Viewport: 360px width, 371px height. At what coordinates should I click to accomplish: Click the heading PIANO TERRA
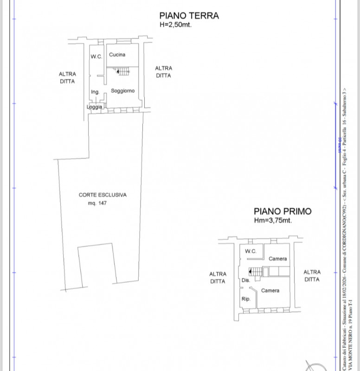[x=188, y=16]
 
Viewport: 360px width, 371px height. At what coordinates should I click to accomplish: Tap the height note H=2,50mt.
[x=175, y=25]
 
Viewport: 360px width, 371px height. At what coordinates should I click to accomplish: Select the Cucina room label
[x=117, y=55]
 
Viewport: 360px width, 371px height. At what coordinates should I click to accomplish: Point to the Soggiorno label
[x=122, y=91]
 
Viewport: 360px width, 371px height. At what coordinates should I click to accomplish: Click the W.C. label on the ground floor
[x=96, y=57]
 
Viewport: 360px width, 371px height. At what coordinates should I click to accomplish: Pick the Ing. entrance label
[x=95, y=92]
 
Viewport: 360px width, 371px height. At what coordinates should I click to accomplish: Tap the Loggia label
[x=94, y=107]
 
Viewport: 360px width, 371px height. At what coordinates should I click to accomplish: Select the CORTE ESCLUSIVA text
[x=103, y=195]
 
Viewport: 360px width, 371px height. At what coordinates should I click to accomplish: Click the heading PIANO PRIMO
[x=282, y=211]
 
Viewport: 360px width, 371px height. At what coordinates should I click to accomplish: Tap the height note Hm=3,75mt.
[x=273, y=221]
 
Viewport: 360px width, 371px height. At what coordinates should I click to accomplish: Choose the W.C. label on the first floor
[x=251, y=251]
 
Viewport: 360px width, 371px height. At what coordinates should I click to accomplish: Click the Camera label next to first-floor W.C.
[x=277, y=259]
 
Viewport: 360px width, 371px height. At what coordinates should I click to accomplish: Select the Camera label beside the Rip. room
[x=270, y=291]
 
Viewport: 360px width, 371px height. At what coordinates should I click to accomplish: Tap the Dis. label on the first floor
[x=246, y=281]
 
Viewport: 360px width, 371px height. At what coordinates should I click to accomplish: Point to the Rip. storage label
[x=246, y=299]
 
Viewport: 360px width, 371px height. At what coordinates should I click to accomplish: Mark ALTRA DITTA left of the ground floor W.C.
[x=67, y=77]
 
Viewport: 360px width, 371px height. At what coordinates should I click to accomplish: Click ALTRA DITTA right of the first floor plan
[x=312, y=276]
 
